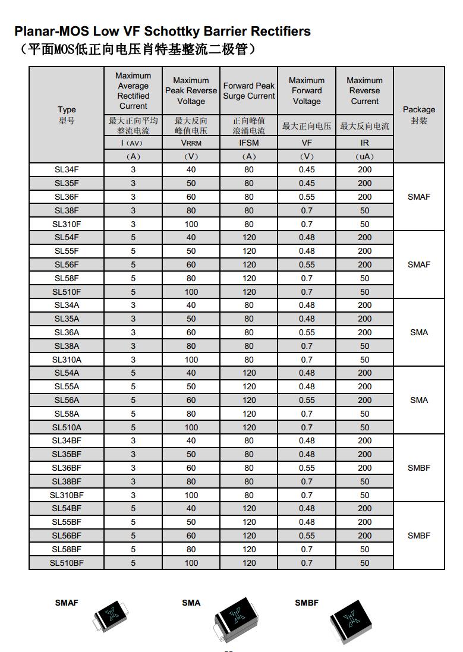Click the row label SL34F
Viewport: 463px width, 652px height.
[x=67, y=169]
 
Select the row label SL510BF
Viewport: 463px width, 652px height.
[x=67, y=563]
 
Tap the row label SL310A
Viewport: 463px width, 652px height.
[x=67, y=360]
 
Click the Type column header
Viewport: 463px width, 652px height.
[x=67, y=110]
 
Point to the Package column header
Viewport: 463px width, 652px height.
[x=419, y=110]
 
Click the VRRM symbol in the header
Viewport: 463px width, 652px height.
[x=191, y=143]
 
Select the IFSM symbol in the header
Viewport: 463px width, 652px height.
[x=249, y=143]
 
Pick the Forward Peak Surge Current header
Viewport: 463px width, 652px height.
[x=249, y=91]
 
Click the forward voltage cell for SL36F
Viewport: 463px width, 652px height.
[x=307, y=197]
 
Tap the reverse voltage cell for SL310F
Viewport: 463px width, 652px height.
[x=191, y=224]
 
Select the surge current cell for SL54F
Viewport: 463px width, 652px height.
[x=249, y=237]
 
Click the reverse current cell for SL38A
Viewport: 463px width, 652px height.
[x=364, y=346]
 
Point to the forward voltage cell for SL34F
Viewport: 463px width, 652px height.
[x=307, y=169]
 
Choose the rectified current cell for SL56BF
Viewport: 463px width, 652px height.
[x=133, y=536]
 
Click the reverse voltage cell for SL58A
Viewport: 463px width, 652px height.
[x=191, y=414]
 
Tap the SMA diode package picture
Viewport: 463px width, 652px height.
[x=237, y=620]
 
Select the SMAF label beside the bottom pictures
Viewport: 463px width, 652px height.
[x=67, y=603]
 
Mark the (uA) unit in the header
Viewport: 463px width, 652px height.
[x=364, y=157]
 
